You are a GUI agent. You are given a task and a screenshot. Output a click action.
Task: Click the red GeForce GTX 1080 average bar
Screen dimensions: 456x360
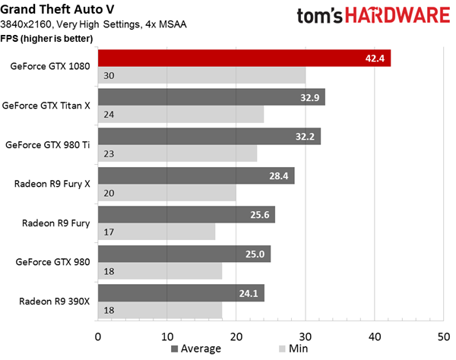pyautogui.click(x=244, y=58)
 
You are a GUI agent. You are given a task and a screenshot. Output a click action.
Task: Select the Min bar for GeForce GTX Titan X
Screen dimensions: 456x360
pyautogui.click(x=181, y=114)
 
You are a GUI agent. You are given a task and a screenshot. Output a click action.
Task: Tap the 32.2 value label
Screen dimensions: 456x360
pyautogui.click(x=305, y=136)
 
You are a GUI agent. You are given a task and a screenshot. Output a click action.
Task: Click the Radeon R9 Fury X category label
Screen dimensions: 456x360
pyautogui.click(x=52, y=184)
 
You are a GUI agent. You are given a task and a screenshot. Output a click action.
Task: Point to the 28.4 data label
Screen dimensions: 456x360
pyautogui.click(x=279, y=175)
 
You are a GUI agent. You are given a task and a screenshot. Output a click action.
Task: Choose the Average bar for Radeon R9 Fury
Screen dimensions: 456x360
pyautogui.click(x=186, y=215)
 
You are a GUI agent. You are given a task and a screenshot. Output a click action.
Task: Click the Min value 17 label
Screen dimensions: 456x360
pyautogui.click(x=109, y=232)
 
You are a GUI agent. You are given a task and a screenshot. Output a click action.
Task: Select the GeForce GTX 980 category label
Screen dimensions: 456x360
pyautogui.click(x=52, y=262)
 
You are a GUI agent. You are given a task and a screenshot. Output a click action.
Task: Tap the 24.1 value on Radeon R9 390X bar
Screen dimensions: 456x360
pyautogui.click(x=249, y=293)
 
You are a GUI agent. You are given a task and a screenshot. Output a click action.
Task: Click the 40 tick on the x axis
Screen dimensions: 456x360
pyautogui.click(x=375, y=336)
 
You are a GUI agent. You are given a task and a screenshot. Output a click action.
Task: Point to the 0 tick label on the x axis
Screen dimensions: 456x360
pyautogui.click(x=98, y=336)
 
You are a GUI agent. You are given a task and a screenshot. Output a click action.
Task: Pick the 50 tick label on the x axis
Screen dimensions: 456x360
pyautogui.click(x=444, y=336)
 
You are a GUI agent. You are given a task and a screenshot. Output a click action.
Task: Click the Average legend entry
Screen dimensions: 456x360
pyautogui.click(x=196, y=349)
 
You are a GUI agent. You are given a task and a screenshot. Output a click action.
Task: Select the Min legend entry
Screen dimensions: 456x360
pyautogui.click(x=293, y=349)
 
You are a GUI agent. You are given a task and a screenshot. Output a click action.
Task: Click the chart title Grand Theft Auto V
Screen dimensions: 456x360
pyautogui.click(x=57, y=9)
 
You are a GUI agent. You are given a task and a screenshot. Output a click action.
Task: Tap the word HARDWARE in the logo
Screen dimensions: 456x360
pyautogui.click(x=397, y=15)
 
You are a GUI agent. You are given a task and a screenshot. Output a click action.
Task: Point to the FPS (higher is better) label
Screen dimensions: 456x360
pyautogui.click(x=46, y=38)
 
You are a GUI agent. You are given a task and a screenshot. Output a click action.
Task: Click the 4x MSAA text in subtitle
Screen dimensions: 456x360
pyautogui.click(x=166, y=24)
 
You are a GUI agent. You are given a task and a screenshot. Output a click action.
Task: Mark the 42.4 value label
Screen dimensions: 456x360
pyautogui.click(x=375, y=58)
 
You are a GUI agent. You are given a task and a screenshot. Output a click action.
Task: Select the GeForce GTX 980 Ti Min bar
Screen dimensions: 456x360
pyautogui.click(x=177, y=153)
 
